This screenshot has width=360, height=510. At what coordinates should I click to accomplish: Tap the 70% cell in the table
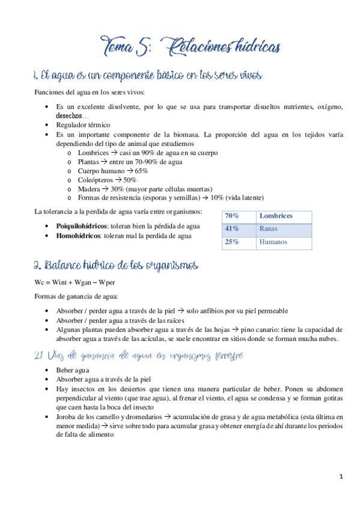tap(231, 216)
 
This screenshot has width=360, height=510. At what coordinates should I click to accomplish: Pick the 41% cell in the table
tap(231, 229)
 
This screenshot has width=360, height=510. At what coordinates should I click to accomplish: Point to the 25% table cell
tap(231, 242)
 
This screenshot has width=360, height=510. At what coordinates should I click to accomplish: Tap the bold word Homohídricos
tap(78, 236)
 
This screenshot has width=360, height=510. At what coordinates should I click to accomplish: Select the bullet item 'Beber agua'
tap(73, 370)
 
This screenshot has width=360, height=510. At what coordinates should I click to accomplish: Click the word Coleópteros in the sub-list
tap(94, 180)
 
